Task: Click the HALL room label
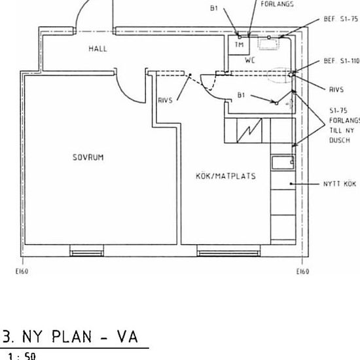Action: click(98, 48)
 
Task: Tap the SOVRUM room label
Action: click(88, 157)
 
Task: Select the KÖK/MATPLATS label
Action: click(226, 176)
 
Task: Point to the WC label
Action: click(250, 60)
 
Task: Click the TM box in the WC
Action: click(239, 45)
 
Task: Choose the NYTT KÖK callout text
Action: click(340, 184)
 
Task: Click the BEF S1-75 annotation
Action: click(341, 19)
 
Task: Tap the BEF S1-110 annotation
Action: click(342, 61)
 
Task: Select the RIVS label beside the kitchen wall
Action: click(166, 100)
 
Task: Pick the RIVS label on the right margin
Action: click(336, 90)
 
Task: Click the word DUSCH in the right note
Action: click(340, 140)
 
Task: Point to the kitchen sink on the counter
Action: click(283, 162)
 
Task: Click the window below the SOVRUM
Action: click(87, 251)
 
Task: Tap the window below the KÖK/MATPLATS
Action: click(228, 251)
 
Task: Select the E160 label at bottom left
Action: click(22, 272)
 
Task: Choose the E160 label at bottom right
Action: click(303, 272)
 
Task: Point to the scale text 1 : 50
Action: click(22, 356)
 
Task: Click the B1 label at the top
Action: click(214, 8)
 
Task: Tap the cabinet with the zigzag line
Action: click(249, 131)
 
